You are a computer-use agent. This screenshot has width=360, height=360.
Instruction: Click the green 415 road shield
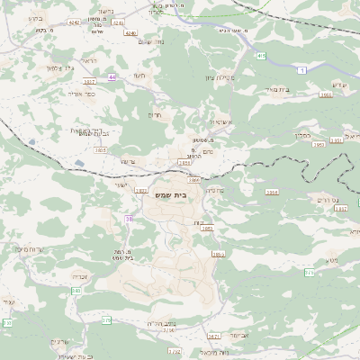[260, 56]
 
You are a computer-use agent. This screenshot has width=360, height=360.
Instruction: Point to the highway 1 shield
[301, 70]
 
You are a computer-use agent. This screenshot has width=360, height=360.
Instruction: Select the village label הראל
[88, 61]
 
